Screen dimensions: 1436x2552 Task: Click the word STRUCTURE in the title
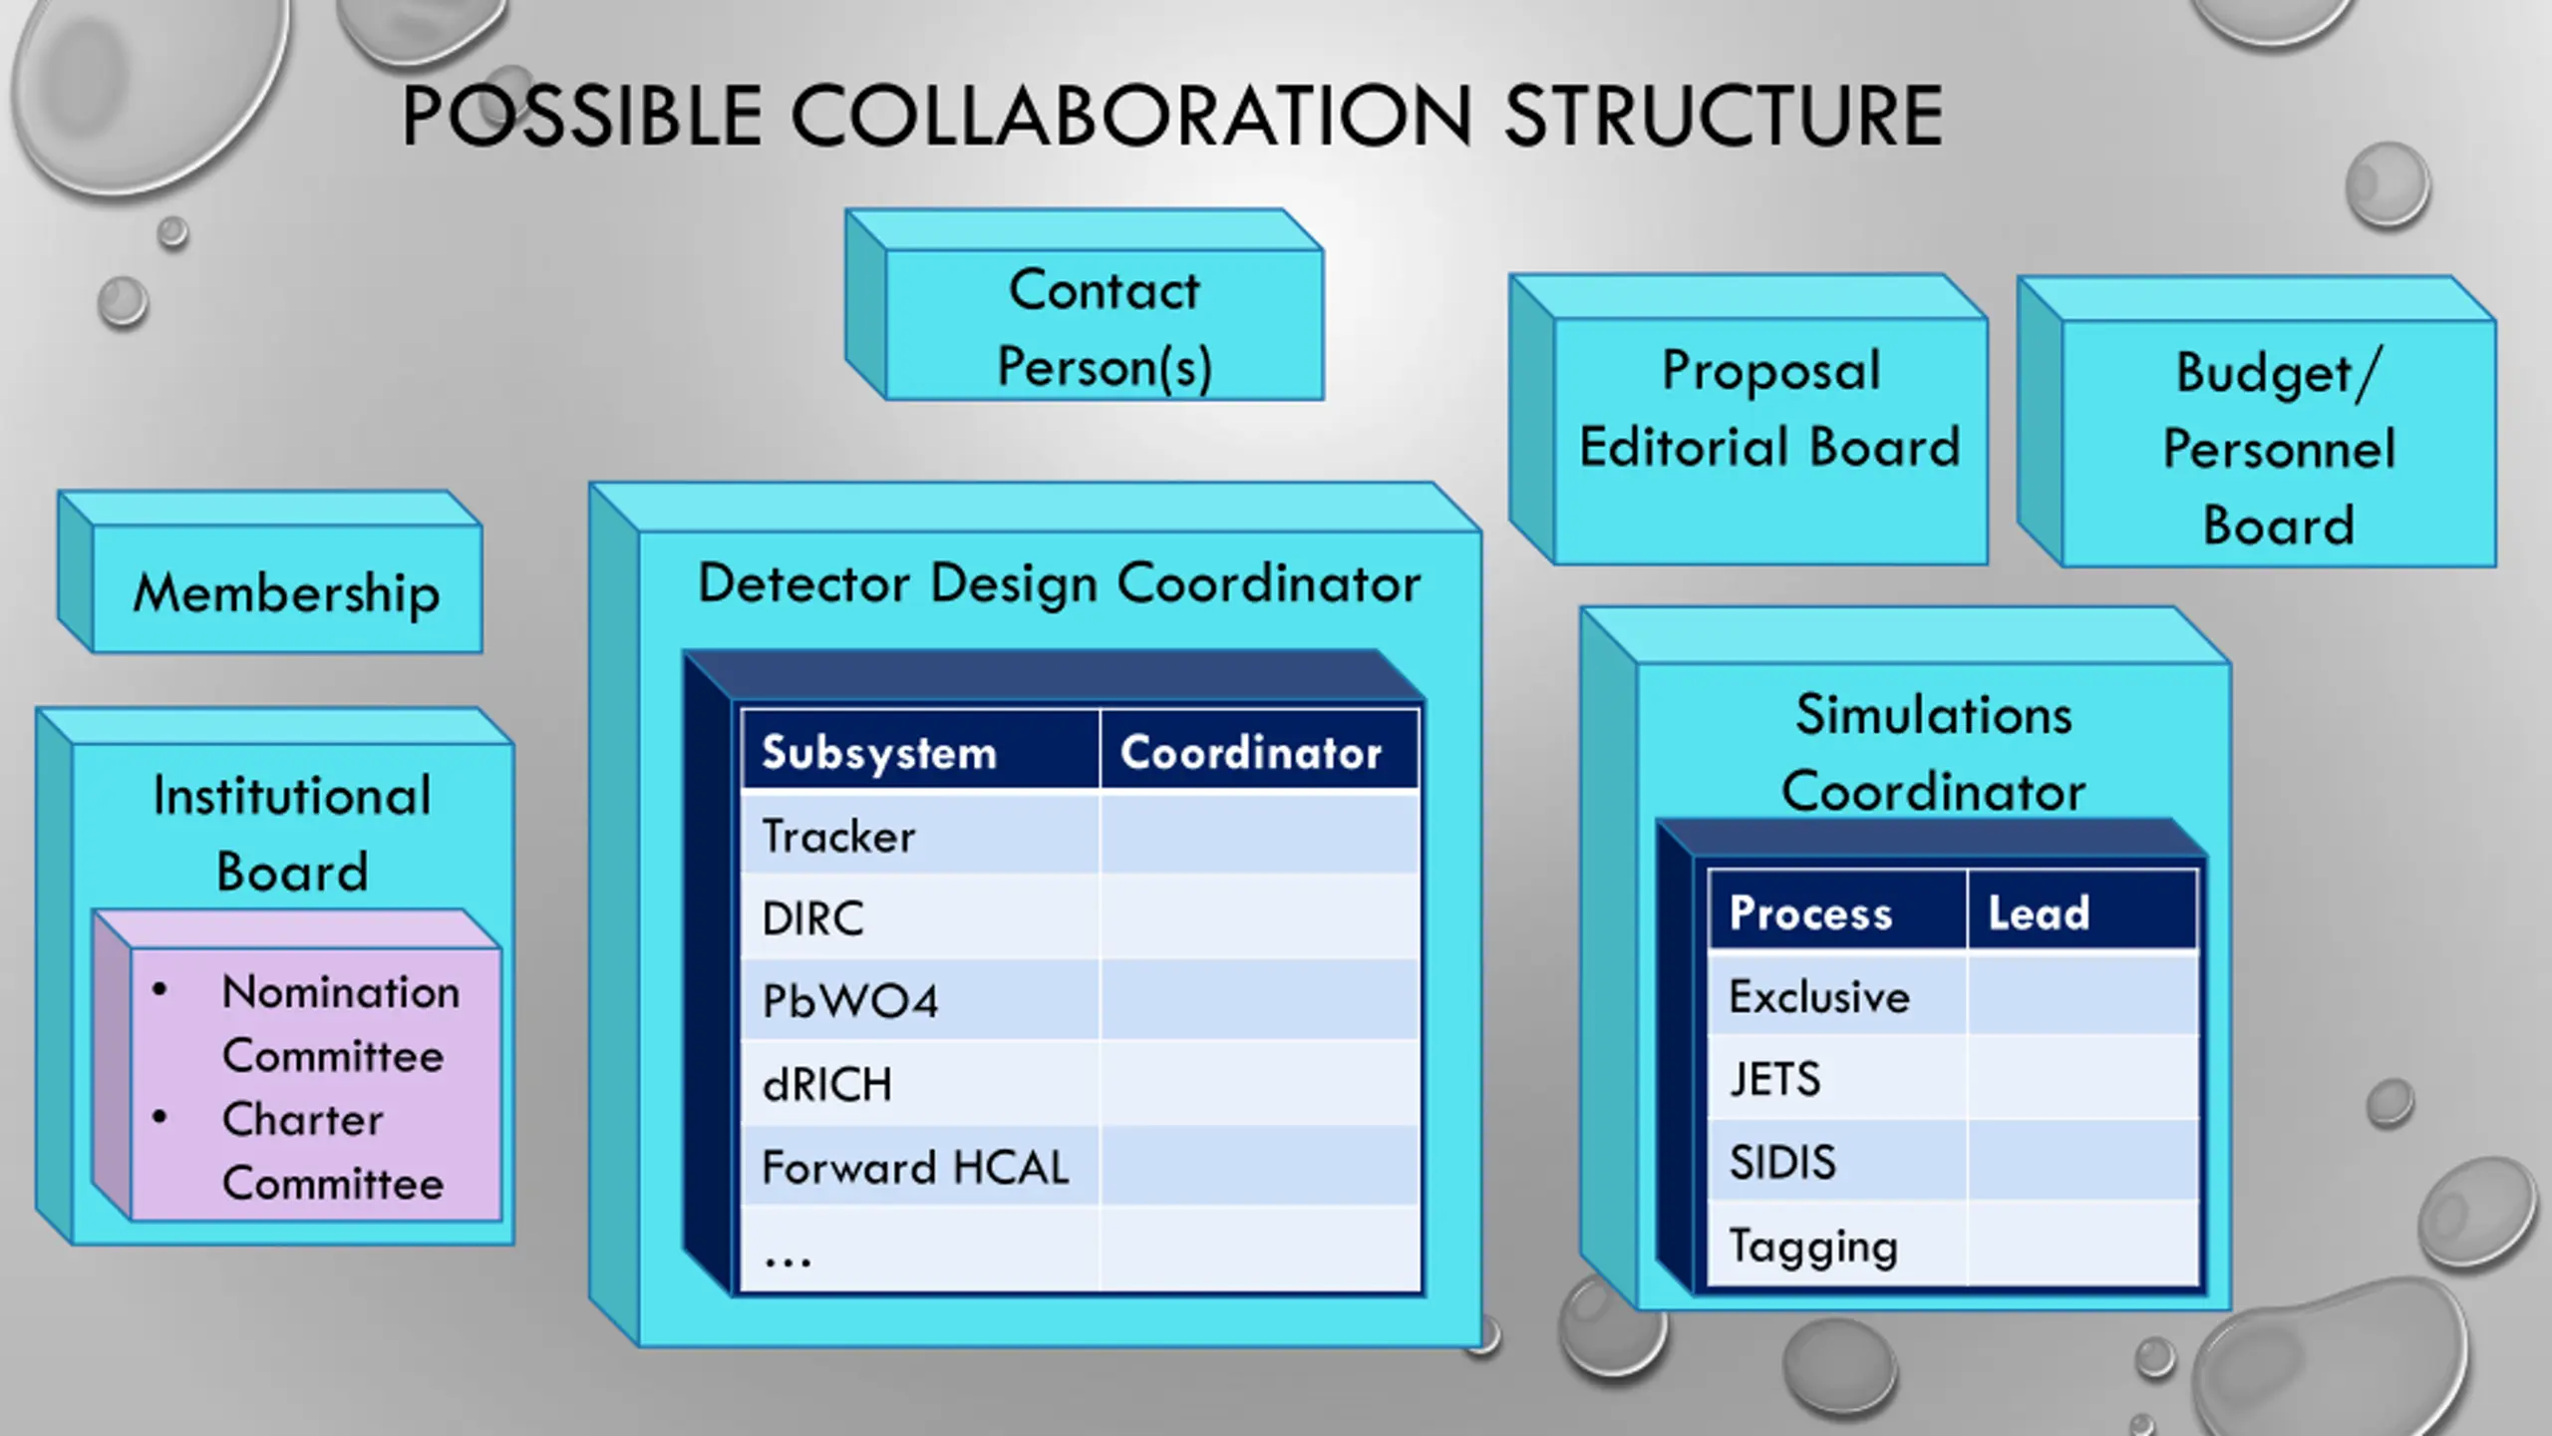1723,117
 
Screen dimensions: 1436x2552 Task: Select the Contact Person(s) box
1104,327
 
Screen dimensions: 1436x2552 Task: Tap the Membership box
287,592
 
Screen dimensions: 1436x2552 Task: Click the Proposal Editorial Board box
1769,409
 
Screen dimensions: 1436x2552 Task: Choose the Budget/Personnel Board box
2278,448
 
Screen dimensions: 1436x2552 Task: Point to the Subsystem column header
879,752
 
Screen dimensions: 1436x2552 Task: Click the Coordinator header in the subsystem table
1251,752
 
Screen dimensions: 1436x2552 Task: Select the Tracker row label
838,836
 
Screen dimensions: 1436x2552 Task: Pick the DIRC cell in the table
812,918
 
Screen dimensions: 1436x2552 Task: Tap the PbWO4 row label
849,1001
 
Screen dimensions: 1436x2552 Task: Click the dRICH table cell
826,1084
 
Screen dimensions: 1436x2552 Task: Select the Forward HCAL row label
915,1167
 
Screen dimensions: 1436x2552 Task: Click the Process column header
1810,912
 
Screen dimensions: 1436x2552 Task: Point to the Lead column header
2039,912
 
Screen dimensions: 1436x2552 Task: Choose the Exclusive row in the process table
1819,996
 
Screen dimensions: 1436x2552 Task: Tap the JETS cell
1774,1079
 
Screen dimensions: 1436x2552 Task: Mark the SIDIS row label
1782,1162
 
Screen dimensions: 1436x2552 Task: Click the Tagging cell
1813,1246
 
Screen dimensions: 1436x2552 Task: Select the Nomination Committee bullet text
339,1023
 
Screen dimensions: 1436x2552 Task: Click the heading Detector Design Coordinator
1059,583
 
